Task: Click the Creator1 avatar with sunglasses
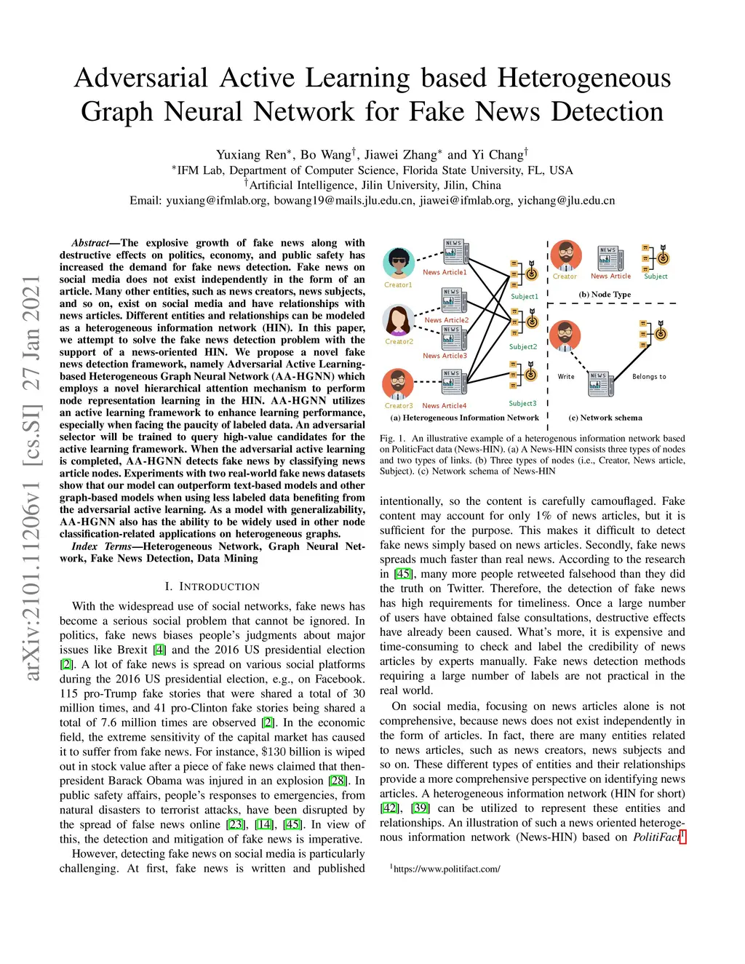pyautogui.click(x=398, y=263)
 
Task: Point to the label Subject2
pyautogui.click(x=523, y=347)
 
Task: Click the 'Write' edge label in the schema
pyautogui.click(x=566, y=377)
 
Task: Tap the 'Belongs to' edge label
pyautogui.click(x=649, y=377)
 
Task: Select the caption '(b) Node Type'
pyautogui.click(x=605, y=295)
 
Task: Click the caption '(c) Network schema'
pyautogui.click(x=605, y=418)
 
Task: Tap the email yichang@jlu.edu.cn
pyautogui.click(x=566, y=201)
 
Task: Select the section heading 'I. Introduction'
pyautogui.click(x=212, y=586)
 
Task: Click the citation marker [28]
pyautogui.click(x=338, y=781)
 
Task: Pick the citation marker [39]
pyautogui.click(x=421, y=808)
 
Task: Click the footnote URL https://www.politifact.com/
pyautogui.click(x=446, y=869)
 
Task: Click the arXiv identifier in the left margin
pyautogui.click(x=32, y=479)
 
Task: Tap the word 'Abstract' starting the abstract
pyautogui.click(x=90, y=243)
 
